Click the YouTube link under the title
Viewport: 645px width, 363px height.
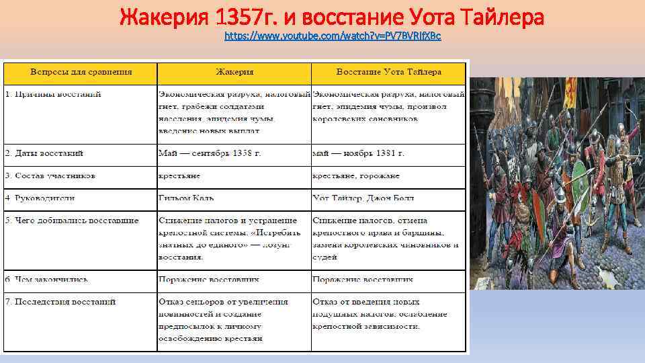pos(333,35)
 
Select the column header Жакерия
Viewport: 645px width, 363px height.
pos(234,72)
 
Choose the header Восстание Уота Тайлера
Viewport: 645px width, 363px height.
pos(388,72)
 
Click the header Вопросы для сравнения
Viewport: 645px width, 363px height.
pos(80,72)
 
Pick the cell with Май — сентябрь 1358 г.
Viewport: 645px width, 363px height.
pos(210,153)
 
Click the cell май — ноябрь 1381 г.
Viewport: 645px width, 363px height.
pos(358,153)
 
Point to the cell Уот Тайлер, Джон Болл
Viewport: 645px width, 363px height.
pos(363,198)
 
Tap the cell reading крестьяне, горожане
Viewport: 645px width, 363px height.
pos(355,175)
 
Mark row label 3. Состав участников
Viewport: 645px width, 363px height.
pos(50,175)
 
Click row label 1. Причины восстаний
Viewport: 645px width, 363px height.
pos(53,94)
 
